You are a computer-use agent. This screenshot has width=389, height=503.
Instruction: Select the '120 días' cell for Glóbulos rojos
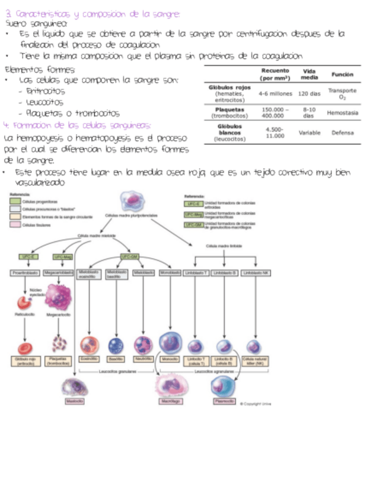coord(310,94)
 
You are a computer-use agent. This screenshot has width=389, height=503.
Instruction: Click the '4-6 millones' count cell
coord(275,94)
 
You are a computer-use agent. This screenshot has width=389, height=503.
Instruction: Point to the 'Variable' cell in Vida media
coord(310,133)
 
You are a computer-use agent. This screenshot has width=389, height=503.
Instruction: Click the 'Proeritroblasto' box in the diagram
coord(25,272)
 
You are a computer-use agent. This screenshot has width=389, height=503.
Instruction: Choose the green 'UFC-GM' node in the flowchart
coord(130,256)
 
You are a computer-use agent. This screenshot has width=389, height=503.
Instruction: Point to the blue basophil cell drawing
coord(115,345)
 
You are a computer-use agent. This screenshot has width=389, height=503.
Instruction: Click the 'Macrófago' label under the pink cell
coord(171,402)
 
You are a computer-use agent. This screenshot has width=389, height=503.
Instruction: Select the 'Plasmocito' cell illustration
coord(224,386)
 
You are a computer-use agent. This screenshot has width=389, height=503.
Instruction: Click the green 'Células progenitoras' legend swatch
coord(15,202)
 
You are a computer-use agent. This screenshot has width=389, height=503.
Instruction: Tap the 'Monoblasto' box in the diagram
coord(171,272)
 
